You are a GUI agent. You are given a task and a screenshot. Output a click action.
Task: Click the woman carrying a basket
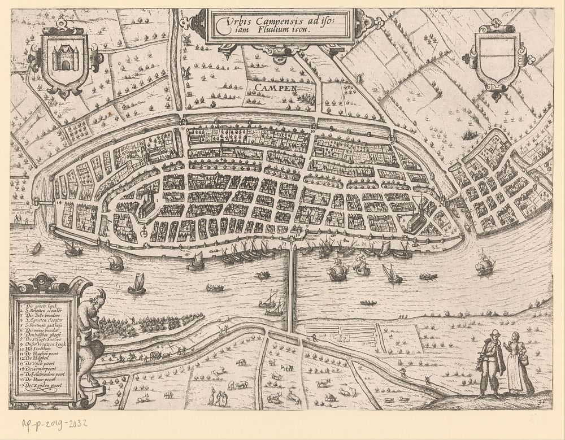point(518,364)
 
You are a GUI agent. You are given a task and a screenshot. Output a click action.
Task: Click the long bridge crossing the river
point(291,291)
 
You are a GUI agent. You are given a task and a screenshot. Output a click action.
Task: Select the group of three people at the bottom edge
point(218,398)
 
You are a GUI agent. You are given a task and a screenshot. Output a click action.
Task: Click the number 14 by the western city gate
point(59,201)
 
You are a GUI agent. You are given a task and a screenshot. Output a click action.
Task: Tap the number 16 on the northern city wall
point(312,131)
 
